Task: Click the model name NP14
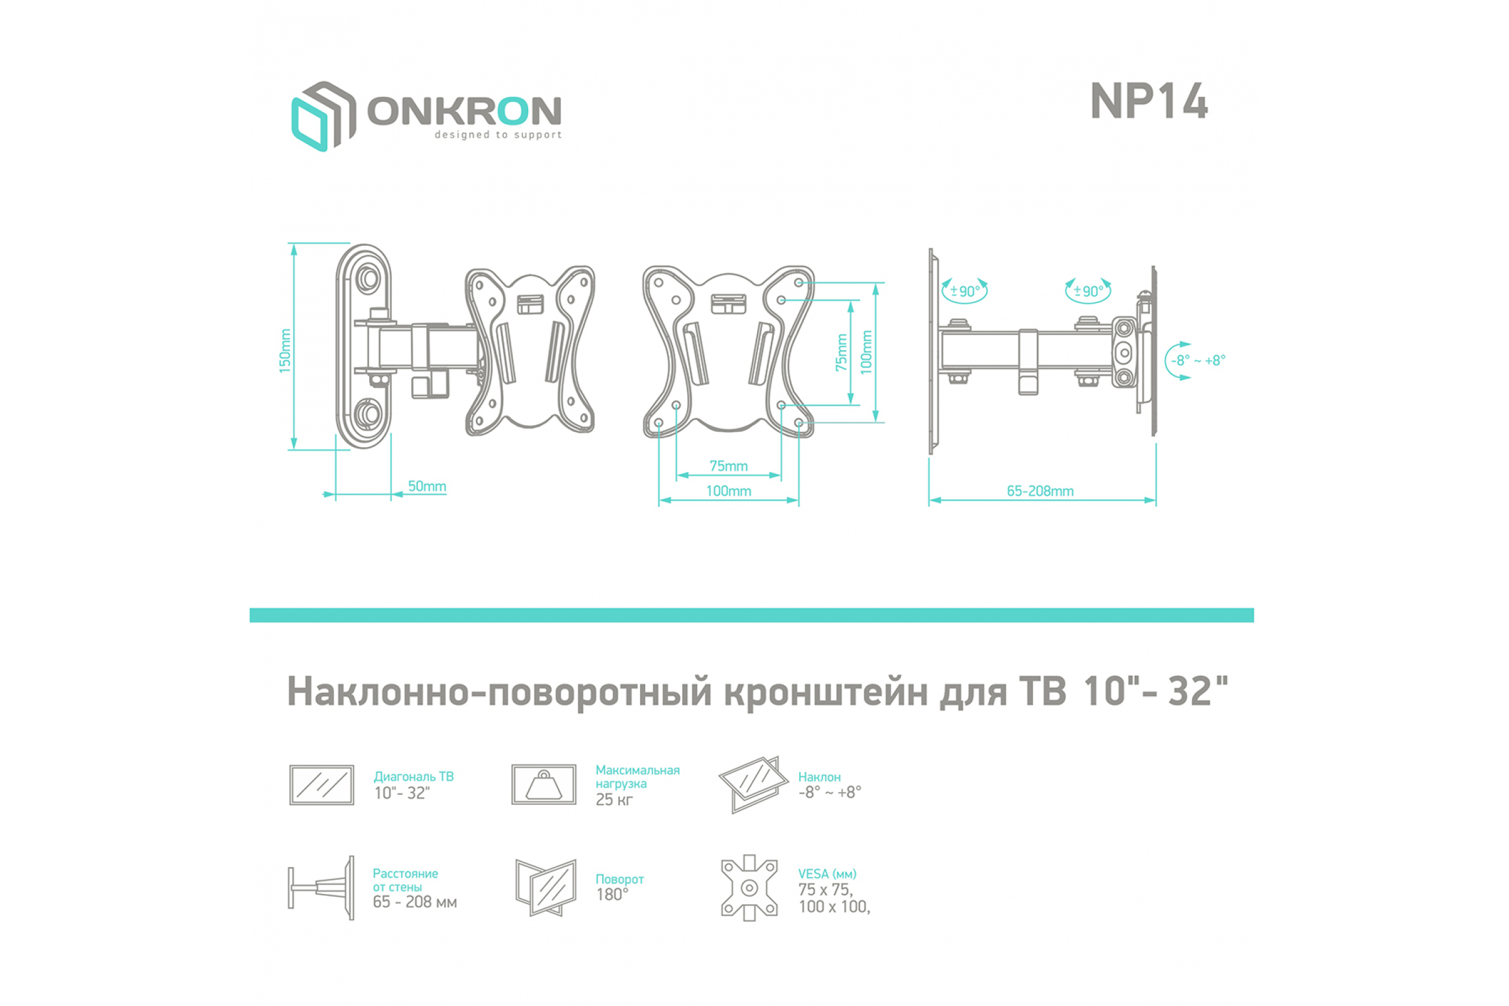click(x=1149, y=101)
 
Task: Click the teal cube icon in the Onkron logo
click(x=311, y=124)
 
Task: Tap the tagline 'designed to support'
click(x=498, y=135)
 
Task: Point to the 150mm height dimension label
click(x=285, y=350)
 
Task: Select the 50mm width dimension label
click(x=428, y=485)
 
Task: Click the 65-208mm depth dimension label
click(x=1040, y=491)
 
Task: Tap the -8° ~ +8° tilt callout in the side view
click(x=1198, y=360)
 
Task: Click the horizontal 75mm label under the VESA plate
click(x=728, y=466)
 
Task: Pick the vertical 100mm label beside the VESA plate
click(x=866, y=352)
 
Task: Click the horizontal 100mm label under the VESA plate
click(x=728, y=491)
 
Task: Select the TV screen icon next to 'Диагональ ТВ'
click(x=321, y=785)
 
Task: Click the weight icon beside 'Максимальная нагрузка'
click(x=543, y=784)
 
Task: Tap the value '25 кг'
click(x=614, y=799)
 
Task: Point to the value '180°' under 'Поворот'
click(x=612, y=894)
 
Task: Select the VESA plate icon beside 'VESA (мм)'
click(x=749, y=888)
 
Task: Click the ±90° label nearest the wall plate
click(x=965, y=291)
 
